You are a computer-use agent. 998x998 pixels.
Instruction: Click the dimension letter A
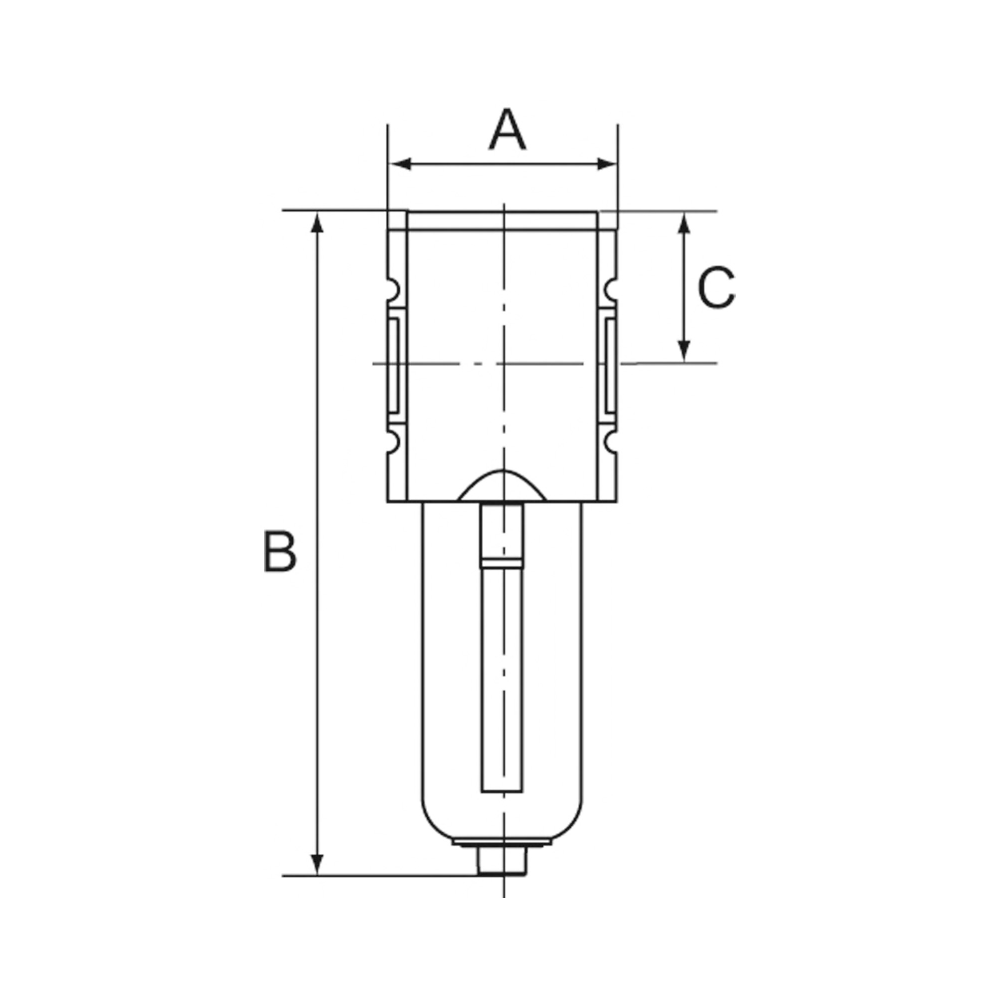pos(507,130)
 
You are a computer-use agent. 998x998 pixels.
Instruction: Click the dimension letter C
pos(716,288)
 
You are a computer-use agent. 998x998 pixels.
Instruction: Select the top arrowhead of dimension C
pos(684,224)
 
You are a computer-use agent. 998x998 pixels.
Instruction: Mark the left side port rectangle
pos(394,366)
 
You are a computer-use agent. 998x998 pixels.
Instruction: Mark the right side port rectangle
pos(611,366)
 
